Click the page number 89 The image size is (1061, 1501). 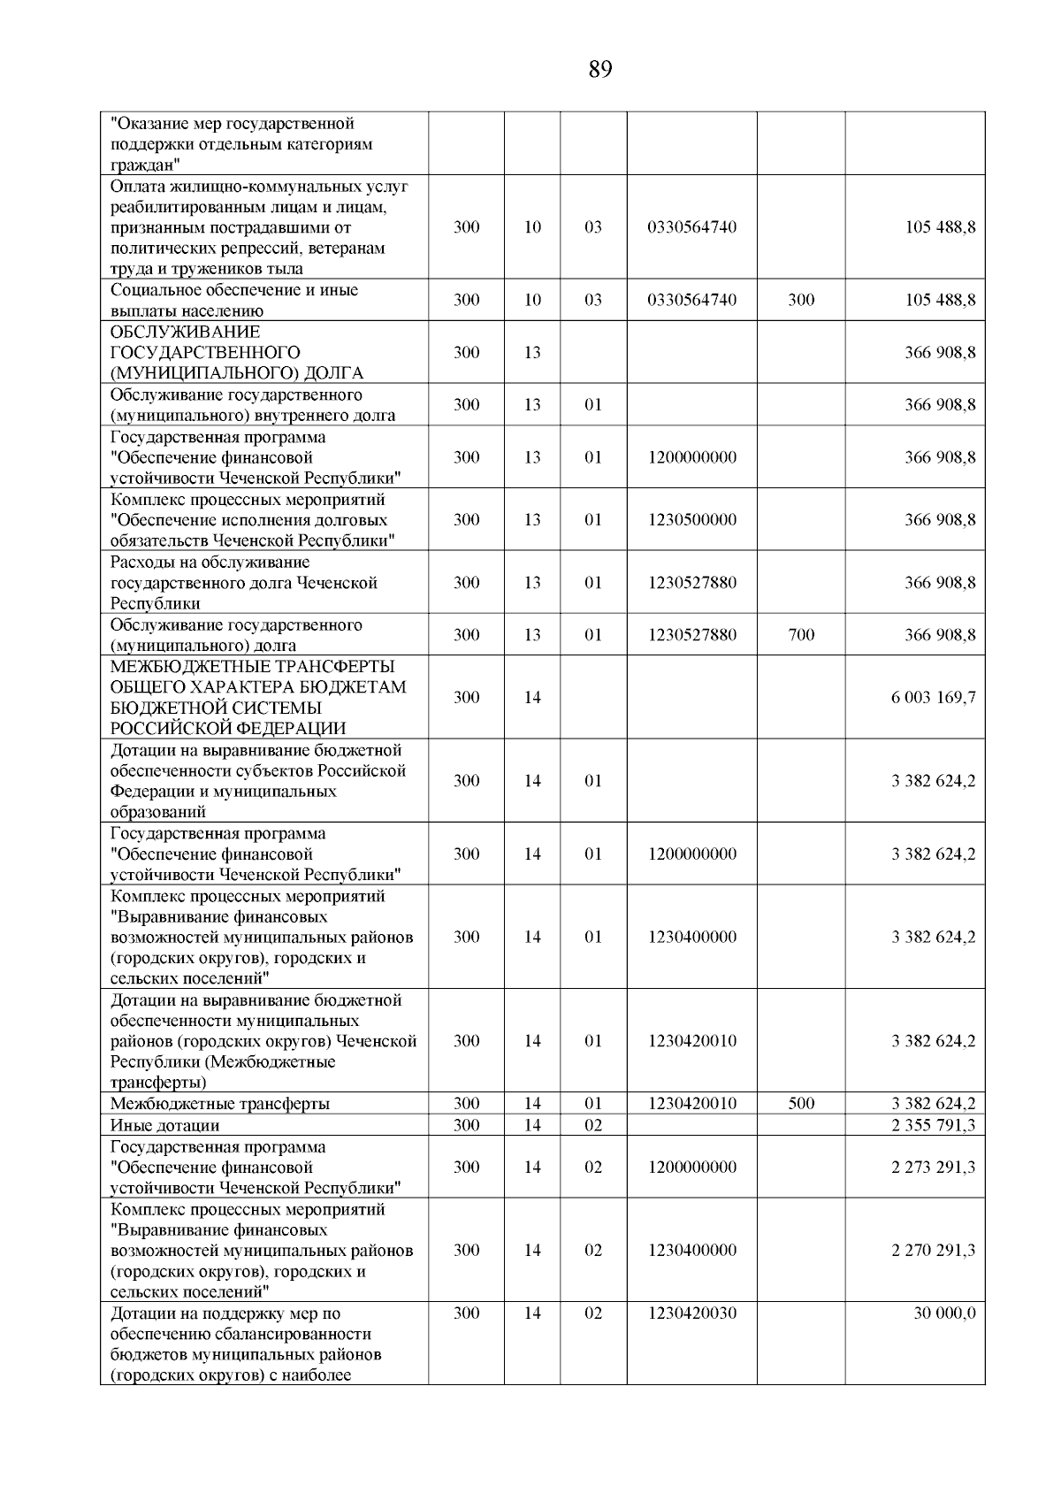tap(599, 70)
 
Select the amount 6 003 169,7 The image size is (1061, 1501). tap(933, 697)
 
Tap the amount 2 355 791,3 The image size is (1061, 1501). tap(933, 1125)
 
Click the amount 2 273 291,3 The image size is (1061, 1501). tap(933, 1167)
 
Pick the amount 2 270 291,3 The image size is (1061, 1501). tap(933, 1250)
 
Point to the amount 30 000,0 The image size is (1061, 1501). tap(944, 1313)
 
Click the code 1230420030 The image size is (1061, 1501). tap(691, 1313)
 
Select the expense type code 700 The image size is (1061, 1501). tap(801, 634)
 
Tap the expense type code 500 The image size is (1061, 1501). tap(801, 1103)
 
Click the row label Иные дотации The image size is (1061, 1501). tap(164, 1125)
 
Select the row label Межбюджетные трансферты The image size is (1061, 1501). tap(220, 1103)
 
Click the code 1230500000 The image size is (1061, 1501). tap(691, 519)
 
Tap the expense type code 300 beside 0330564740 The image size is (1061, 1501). tap(801, 300)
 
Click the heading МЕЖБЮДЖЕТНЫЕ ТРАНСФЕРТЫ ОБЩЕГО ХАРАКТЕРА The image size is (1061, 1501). tap(257, 697)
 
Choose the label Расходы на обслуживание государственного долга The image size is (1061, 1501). tap(243, 582)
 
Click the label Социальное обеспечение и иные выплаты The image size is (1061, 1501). tap(233, 300)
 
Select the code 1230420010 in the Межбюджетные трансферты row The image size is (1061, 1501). tap(691, 1103)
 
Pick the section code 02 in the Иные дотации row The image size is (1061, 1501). tap(593, 1125)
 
